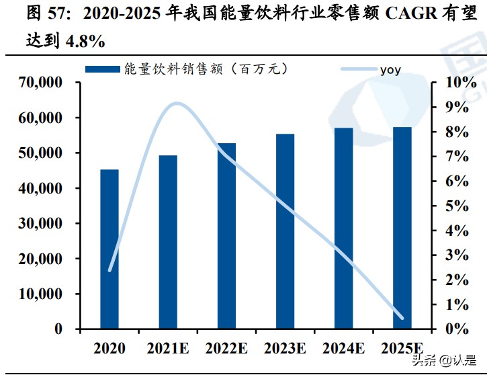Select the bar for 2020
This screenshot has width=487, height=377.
point(109,249)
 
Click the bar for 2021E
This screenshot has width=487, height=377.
point(168,243)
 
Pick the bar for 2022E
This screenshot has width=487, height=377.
point(226,236)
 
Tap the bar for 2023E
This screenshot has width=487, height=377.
point(285,232)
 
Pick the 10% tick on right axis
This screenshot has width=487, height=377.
point(461,83)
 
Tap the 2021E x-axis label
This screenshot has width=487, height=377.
point(168,348)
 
